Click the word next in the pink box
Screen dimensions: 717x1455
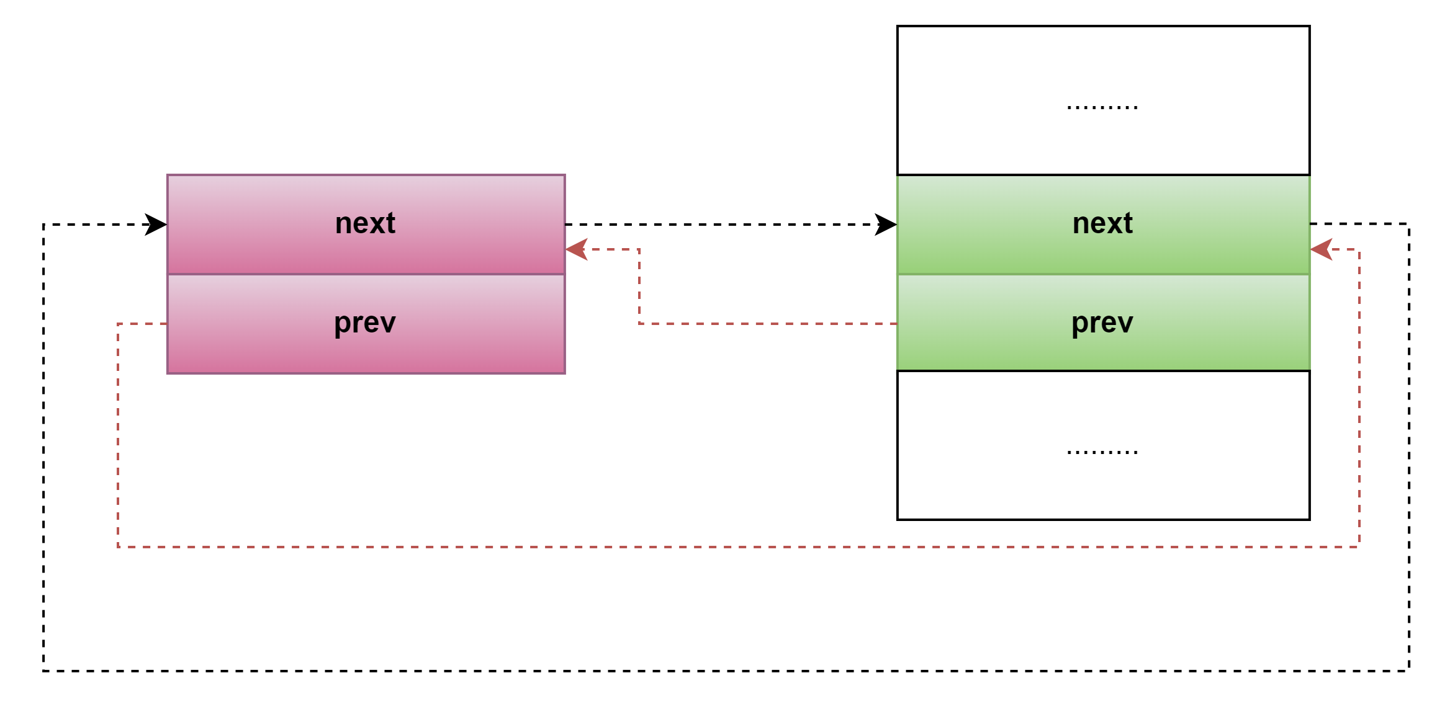pyautogui.click(x=365, y=223)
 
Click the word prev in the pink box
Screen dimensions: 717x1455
pyautogui.click(x=365, y=323)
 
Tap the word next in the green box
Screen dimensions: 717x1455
pyautogui.click(x=1102, y=223)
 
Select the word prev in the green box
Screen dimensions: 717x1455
pyautogui.click(x=1102, y=323)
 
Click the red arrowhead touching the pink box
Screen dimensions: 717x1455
pyautogui.click(x=576, y=249)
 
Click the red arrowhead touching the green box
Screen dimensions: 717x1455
pyautogui.click(x=1321, y=249)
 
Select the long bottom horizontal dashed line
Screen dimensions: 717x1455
pyautogui.click(x=739, y=547)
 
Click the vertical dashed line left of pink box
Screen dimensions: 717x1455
pyautogui.click(x=118, y=434)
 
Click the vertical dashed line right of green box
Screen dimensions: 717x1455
pyautogui.click(x=1359, y=397)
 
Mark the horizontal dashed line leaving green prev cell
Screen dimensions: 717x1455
pyautogui.click(x=770, y=324)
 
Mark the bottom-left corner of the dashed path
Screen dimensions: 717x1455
pyautogui.click(x=118, y=547)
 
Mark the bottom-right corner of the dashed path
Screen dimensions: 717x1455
pyautogui.click(x=1359, y=547)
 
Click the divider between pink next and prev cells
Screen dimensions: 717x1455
pyautogui.click(x=366, y=274)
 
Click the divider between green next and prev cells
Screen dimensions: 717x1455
pyautogui.click(x=1104, y=274)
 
